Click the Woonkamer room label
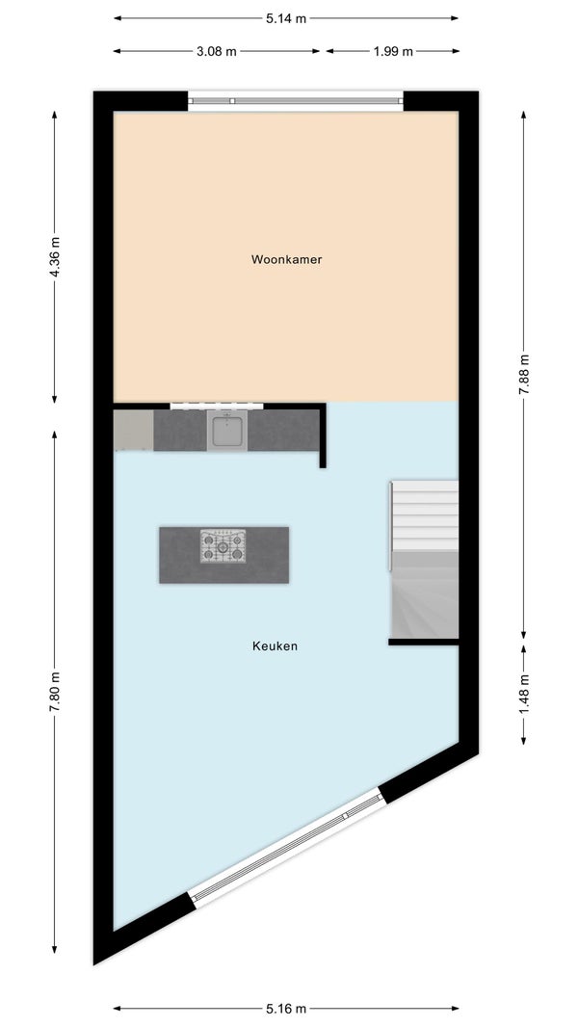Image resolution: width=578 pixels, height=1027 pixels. (x=286, y=259)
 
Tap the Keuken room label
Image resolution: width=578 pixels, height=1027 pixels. (x=275, y=645)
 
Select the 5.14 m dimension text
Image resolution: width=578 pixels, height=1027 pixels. (x=286, y=18)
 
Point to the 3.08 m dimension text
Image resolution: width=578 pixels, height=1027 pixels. (x=217, y=51)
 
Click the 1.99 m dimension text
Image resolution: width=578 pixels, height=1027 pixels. (x=393, y=51)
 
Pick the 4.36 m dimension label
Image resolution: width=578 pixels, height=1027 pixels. (x=55, y=256)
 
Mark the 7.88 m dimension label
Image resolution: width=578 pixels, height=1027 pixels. (x=524, y=374)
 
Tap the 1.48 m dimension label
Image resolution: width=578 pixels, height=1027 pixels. (x=524, y=695)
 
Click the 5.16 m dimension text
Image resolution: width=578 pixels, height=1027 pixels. (x=286, y=1009)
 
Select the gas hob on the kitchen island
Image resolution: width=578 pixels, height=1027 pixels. (x=223, y=546)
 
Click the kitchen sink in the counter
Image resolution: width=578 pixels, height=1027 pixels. (x=227, y=431)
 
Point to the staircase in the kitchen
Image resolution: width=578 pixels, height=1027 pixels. (x=424, y=560)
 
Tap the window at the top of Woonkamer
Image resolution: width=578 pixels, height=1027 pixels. (x=296, y=101)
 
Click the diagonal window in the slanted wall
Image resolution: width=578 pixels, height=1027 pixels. (x=286, y=849)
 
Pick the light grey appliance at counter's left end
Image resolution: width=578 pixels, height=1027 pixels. (x=134, y=431)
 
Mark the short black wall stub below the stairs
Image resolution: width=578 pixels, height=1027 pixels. (x=424, y=642)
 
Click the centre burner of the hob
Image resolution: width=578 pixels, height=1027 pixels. (x=223, y=546)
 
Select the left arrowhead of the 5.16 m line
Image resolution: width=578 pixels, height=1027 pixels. (x=118, y=1009)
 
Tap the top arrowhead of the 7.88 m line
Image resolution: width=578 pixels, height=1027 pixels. (x=524, y=115)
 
